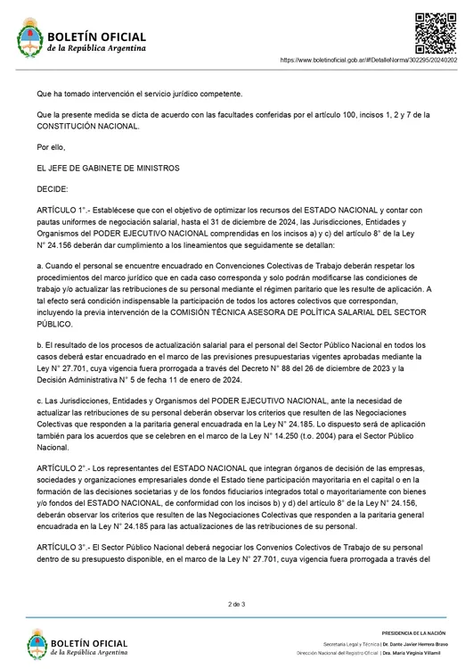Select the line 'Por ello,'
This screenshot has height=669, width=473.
click(52, 146)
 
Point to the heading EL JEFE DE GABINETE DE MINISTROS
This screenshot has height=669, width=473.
click(108, 168)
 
